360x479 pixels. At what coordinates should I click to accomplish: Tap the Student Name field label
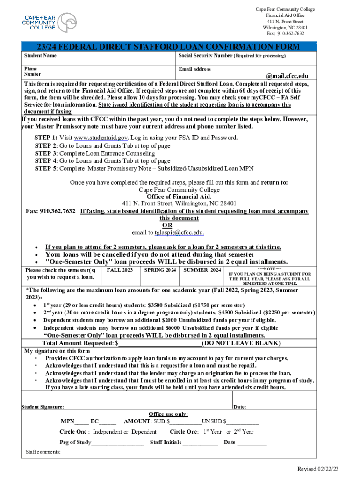(41, 56)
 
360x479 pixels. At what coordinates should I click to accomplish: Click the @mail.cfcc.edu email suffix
(287, 76)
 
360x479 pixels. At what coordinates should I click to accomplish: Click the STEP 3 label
(45, 153)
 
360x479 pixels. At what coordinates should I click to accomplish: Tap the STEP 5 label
(45, 169)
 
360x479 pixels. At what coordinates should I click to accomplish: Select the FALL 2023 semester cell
(120, 270)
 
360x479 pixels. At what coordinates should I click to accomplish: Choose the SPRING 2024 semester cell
(160, 270)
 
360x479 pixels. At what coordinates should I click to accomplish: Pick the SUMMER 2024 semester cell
(202, 270)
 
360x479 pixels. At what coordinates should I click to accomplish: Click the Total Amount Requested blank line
(160, 343)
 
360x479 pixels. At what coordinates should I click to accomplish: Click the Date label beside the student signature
(240, 407)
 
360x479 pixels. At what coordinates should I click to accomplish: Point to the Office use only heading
(168, 414)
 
